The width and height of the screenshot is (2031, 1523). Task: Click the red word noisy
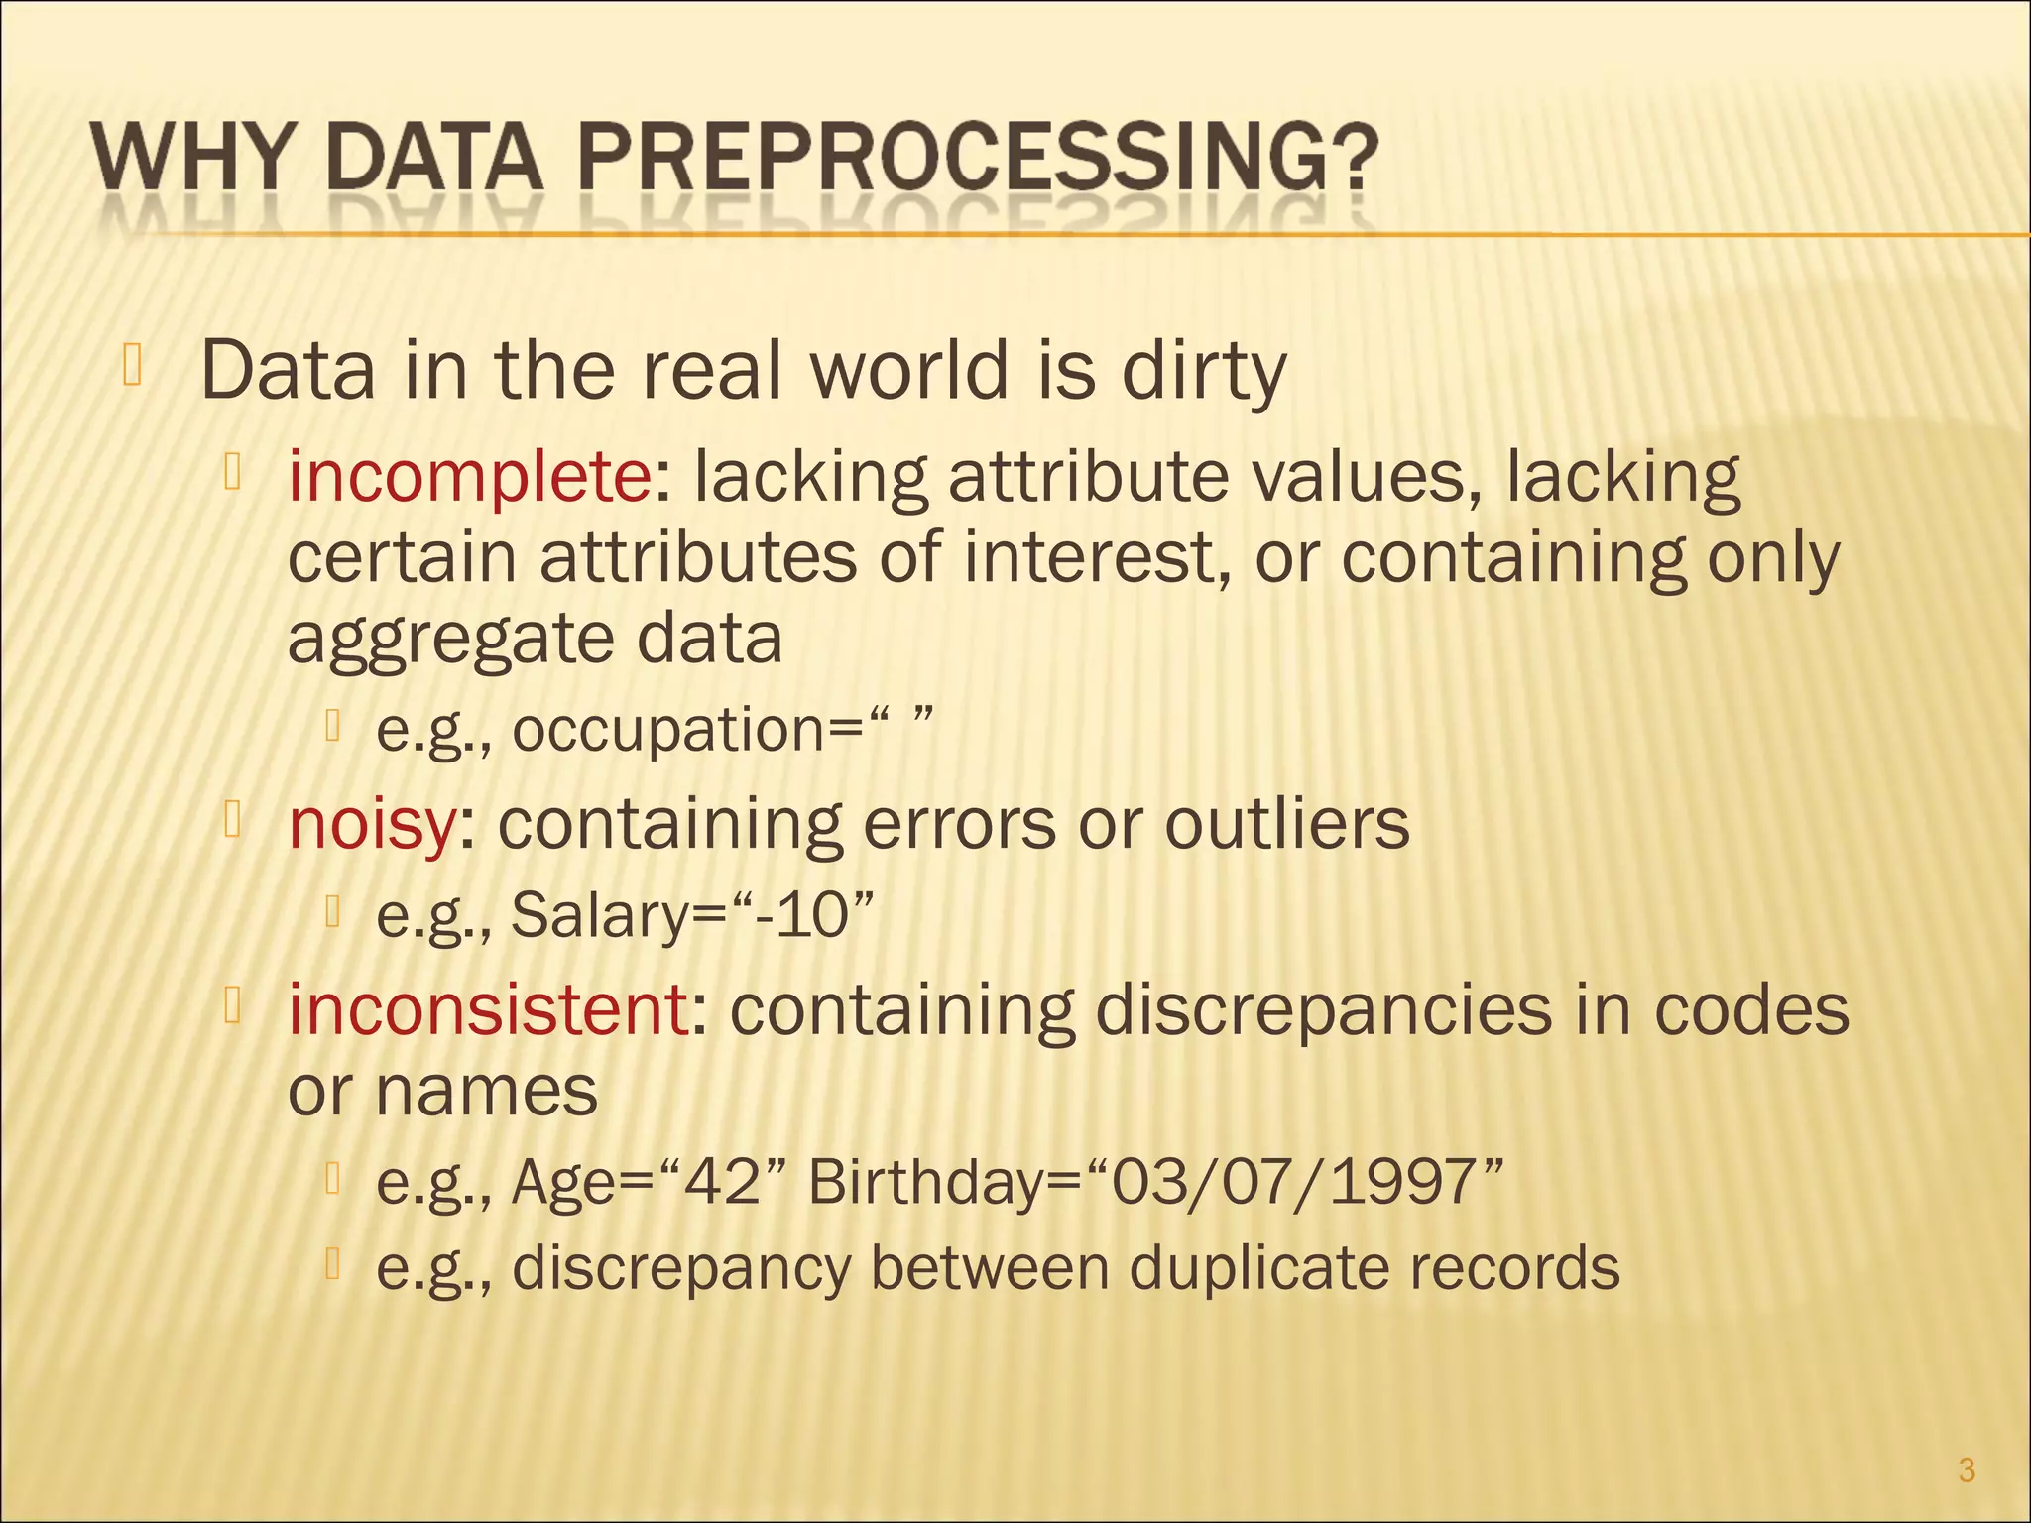[x=372, y=824]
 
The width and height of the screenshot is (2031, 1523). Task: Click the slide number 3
[x=1968, y=1470]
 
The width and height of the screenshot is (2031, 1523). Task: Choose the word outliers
[x=1286, y=824]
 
